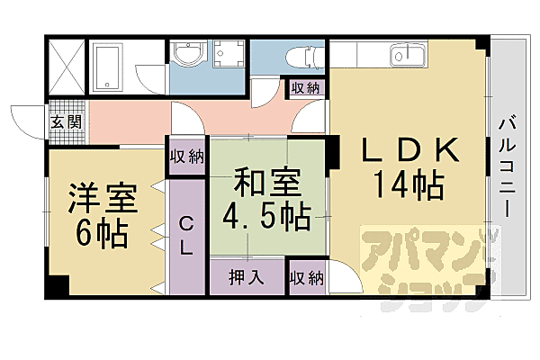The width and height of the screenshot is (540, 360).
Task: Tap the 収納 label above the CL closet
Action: click(186, 156)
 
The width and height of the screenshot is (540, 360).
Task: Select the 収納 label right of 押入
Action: click(306, 276)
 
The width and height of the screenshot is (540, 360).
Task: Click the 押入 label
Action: click(247, 276)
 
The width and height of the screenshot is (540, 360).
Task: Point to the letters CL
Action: click(186, 237)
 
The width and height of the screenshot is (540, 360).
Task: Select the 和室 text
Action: click(266, 183)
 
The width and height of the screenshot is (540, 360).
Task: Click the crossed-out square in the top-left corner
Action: click(67, 66)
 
